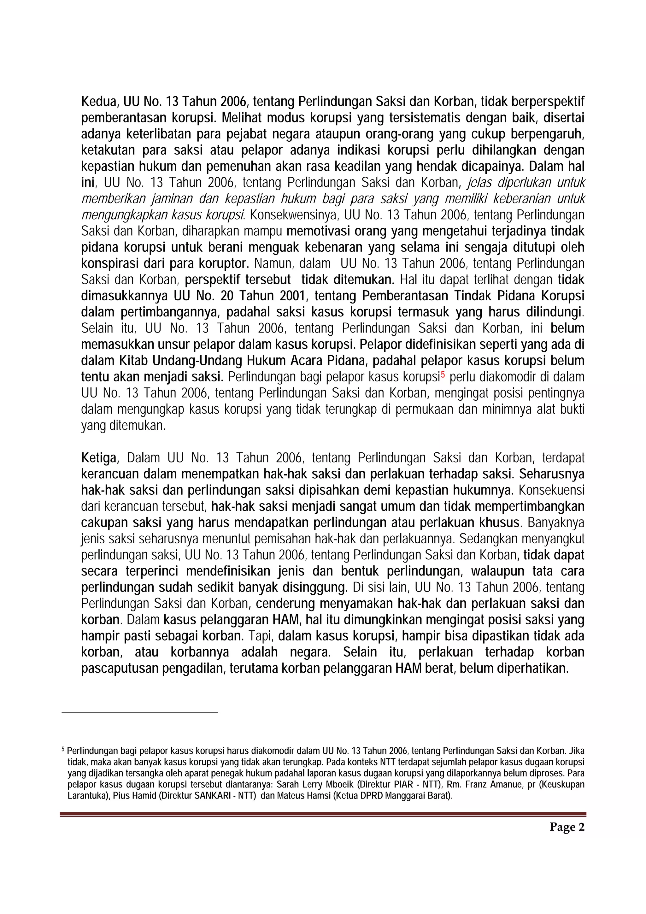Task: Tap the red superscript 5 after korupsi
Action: [442, 374]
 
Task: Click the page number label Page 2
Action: [567, 827]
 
